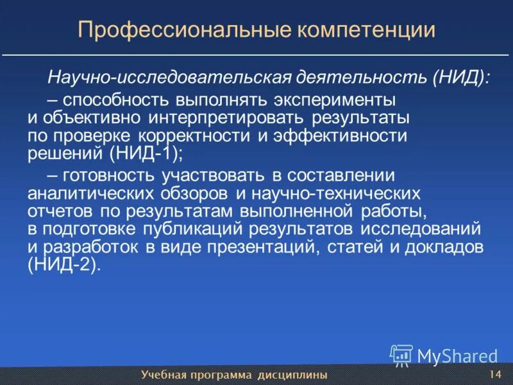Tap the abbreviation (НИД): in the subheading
[462, 78]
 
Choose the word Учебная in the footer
[161, 375]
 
